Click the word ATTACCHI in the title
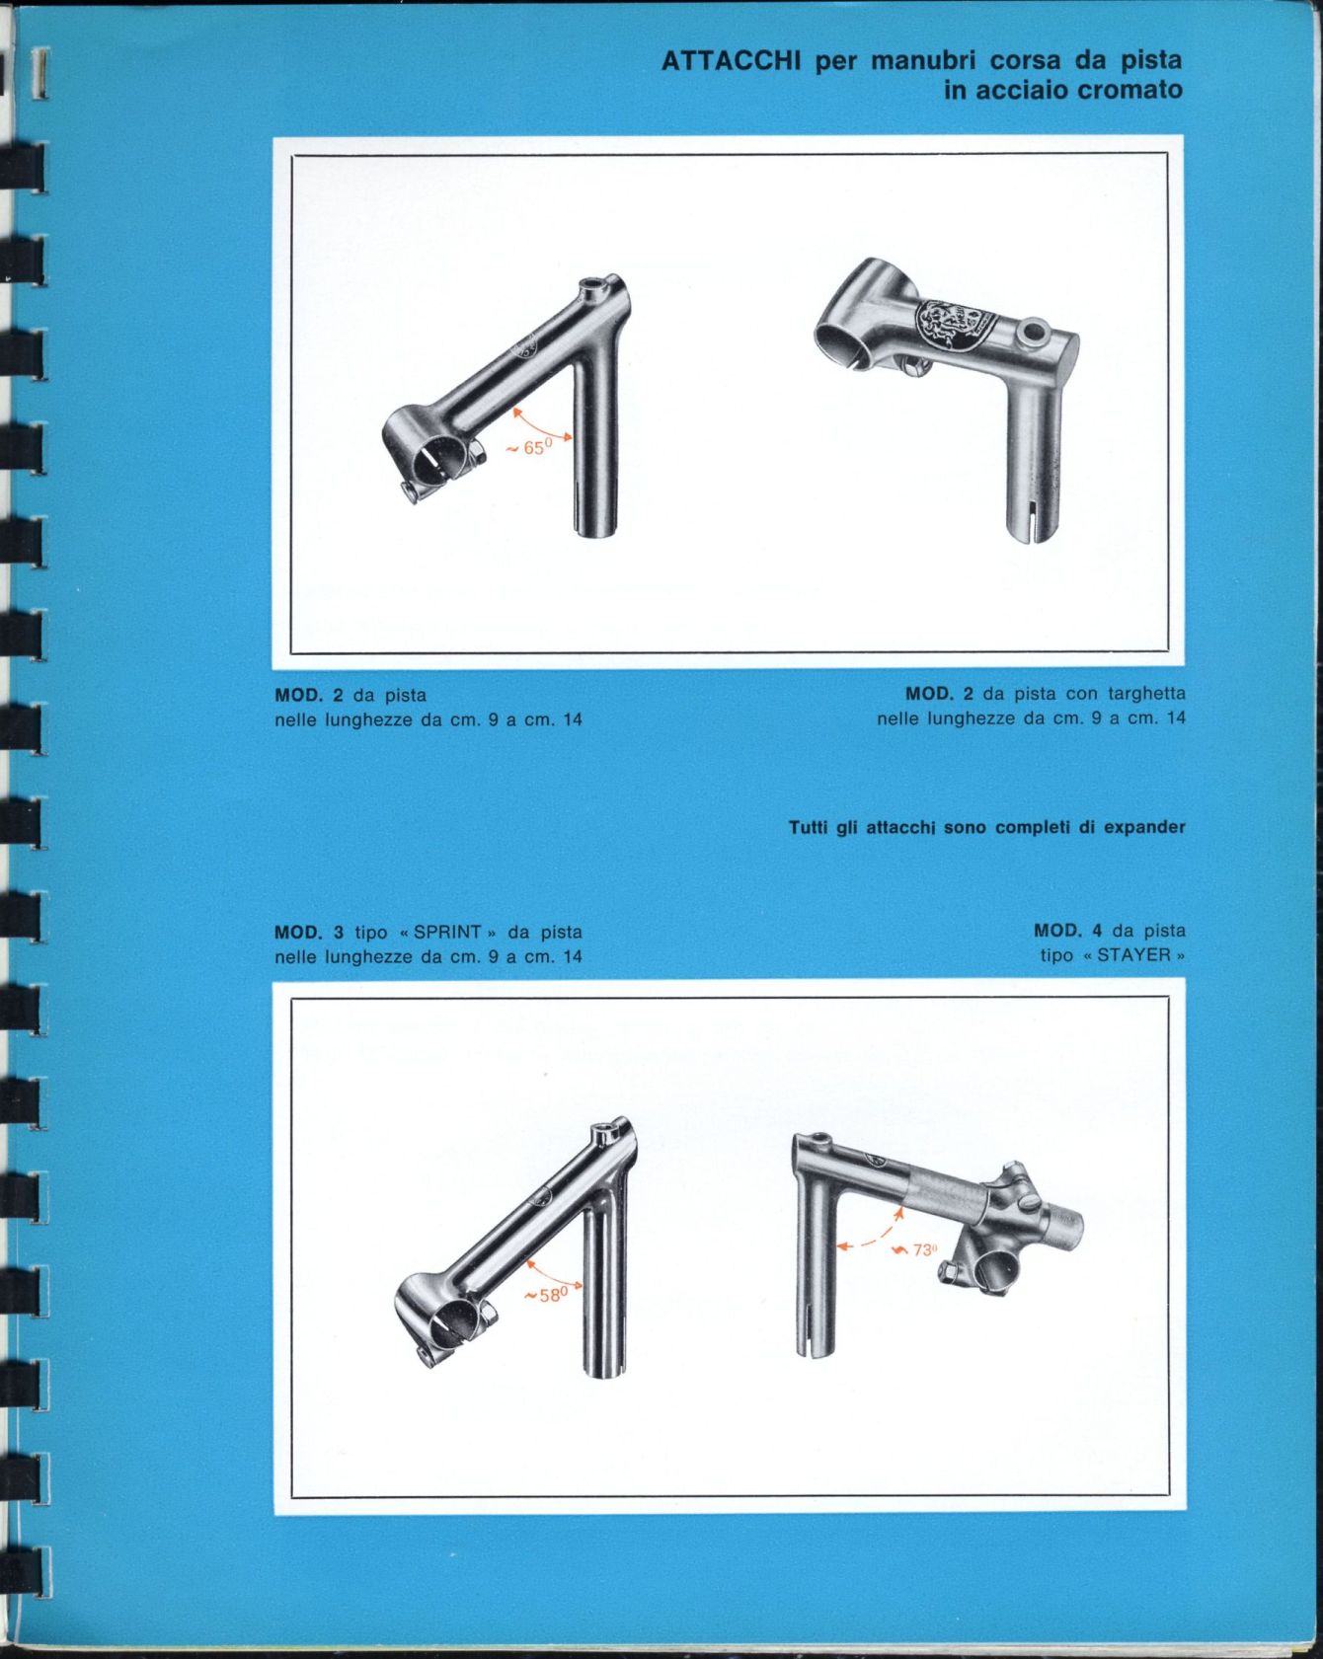(x=731, y=61)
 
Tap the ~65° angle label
(x=529, y=448)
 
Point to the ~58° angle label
(x=547, y=1295)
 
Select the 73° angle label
(x=915, y=1250)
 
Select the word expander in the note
(x=1144, y=828)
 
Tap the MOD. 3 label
(x=309, y=933)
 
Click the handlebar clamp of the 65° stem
(x=431, y=455)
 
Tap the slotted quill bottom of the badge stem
(x=1033, y=518)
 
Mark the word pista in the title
(x=1151, y=61)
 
